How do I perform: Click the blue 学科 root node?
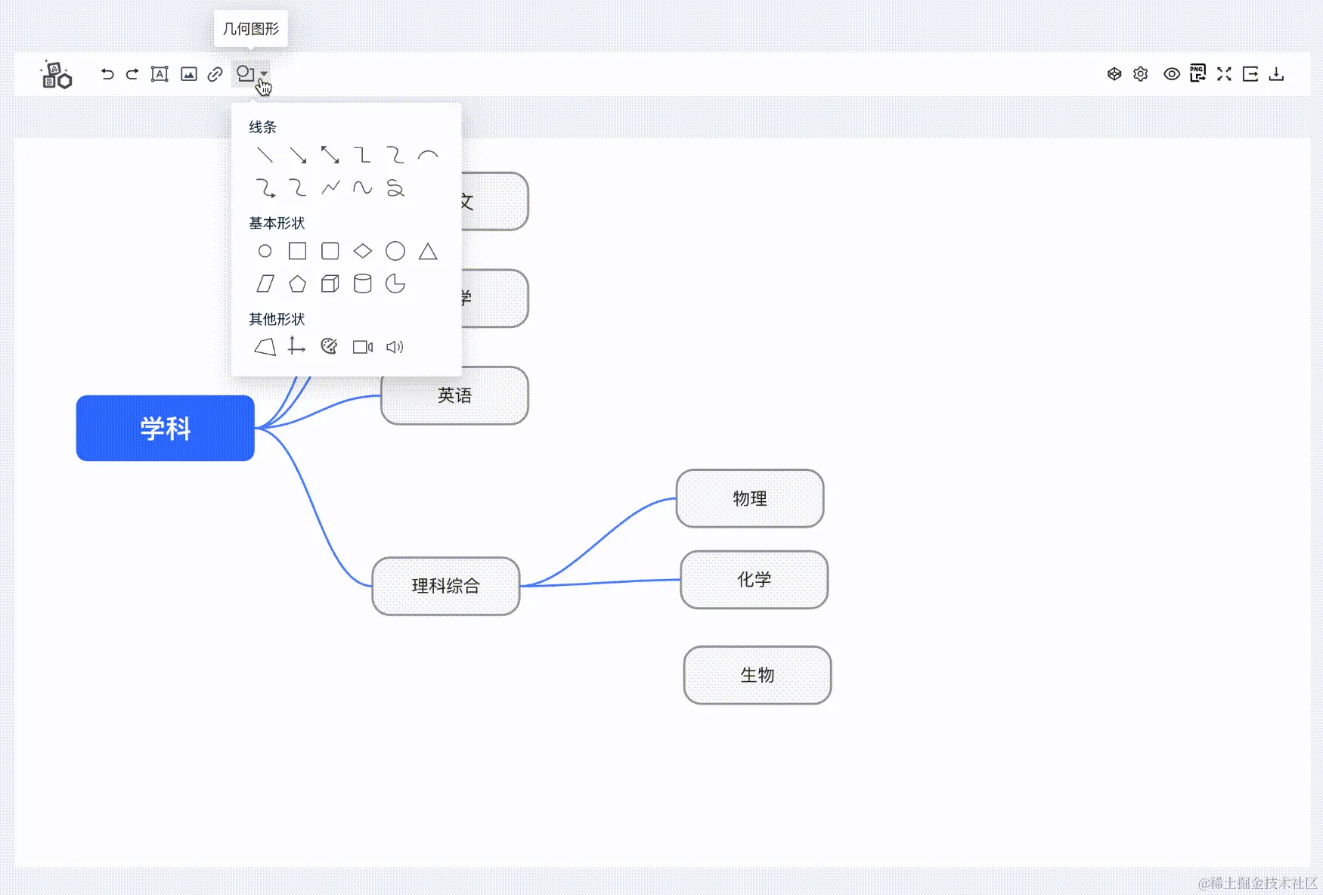(x=165, y=428)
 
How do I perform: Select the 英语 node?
(x=454, y=395)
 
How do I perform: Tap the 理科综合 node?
(x=445, y=586)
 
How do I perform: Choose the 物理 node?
(x=749, y=498)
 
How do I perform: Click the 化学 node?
(x=754, y=580)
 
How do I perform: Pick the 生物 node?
(x=757, y=675)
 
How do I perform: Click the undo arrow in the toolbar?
(x=107, y=74)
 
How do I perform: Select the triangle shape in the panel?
(x=428, y=251)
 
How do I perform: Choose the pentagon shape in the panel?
(x=297, y=284)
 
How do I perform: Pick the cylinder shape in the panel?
(x=363, y=283)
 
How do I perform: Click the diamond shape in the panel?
(x=363, y=251)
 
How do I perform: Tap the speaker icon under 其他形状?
(x=395, y=347)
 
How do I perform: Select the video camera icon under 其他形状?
(x=363, y=347)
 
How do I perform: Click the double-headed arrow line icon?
(x=330, y=155)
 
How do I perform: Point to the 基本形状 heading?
(x=277, y=223)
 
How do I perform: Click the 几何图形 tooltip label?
(x=251, y=29)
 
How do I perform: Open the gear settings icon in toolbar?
(x=1141, y=74)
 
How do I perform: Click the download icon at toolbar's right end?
(x=1276, y=74)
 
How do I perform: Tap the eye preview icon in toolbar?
(x=1171, y=74)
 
